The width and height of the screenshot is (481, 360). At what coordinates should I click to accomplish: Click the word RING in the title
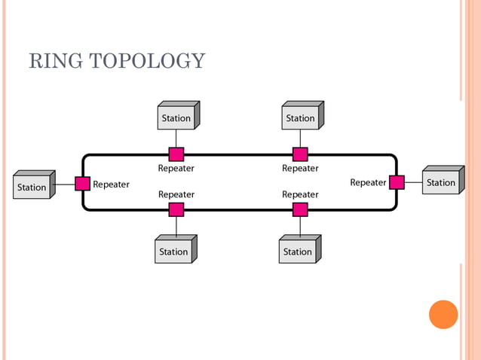[54, 61]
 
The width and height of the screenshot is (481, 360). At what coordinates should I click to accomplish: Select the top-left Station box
[176, 118]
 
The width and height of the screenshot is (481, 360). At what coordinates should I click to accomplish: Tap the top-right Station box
[301, 118]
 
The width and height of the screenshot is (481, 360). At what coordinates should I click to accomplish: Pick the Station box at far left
[32, 187]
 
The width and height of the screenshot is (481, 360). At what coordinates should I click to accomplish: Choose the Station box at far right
[441, 182]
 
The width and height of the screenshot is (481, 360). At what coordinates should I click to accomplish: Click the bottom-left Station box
[174, 252]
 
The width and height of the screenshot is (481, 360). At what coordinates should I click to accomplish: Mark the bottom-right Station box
[298, 252]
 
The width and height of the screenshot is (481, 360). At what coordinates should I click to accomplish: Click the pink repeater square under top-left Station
[176, 154]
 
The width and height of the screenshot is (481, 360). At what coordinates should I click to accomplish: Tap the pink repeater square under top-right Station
[300, 154]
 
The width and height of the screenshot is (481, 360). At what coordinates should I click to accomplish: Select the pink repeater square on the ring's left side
[83, 183]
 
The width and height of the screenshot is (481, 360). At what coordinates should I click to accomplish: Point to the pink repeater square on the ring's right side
[397, 182]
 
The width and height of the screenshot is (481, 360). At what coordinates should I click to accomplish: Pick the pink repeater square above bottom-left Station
[176, 209]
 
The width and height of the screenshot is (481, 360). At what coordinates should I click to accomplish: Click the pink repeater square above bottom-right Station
[300, 209]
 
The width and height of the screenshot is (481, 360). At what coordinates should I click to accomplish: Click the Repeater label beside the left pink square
[111, 185]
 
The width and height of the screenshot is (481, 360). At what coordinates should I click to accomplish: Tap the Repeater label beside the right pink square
[368, 182]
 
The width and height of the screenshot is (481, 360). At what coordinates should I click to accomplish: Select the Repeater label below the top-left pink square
[176, 169]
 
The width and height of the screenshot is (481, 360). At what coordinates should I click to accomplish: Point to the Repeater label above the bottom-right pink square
[300, 194]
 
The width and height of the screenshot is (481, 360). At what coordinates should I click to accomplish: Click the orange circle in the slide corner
[443, 314]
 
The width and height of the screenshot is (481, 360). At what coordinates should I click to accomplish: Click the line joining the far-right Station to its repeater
[413, 182]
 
